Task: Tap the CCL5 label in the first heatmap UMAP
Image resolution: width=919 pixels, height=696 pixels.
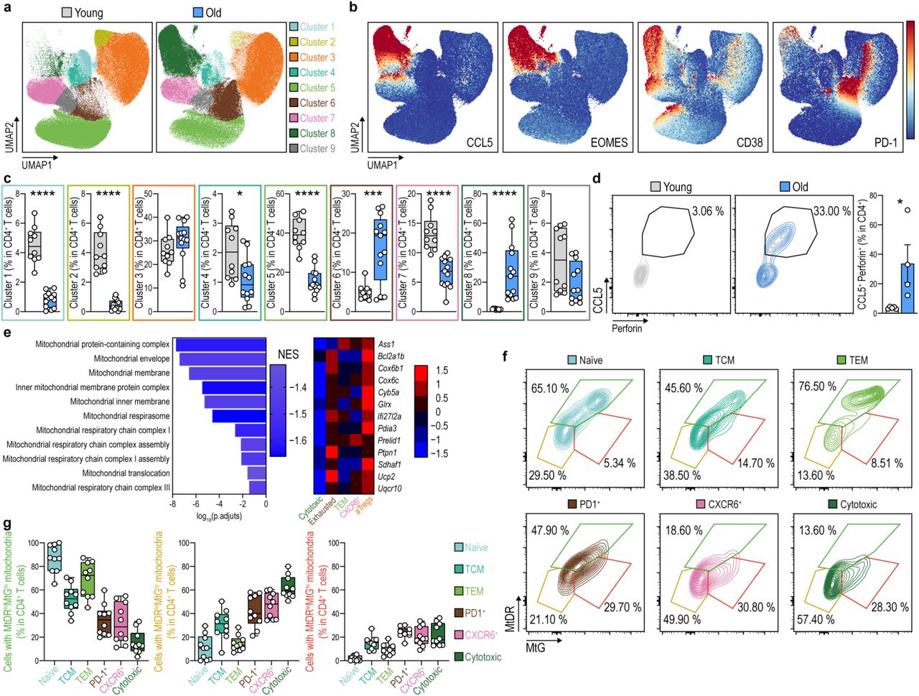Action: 480,142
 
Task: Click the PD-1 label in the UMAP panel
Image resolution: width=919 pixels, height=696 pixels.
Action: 885,142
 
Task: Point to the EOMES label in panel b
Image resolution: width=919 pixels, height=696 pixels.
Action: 608,142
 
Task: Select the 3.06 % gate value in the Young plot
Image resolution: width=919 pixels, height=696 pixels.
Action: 708,211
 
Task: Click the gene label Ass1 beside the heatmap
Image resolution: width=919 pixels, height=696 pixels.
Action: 386,345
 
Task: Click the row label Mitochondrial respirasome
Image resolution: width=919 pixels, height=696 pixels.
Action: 126,416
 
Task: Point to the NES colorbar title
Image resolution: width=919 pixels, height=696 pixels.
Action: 288,354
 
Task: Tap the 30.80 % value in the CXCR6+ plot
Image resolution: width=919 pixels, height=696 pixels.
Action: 756,607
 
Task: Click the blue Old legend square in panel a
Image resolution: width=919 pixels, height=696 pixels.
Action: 199,12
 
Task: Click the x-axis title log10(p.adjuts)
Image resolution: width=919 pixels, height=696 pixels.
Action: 219,516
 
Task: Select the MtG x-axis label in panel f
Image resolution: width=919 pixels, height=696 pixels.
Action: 536,649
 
